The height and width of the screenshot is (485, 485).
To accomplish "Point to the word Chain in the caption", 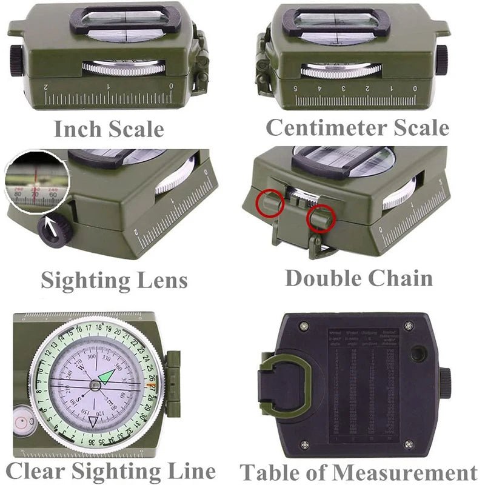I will coord(402,278).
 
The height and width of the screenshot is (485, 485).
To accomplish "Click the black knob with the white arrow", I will coord(55,230).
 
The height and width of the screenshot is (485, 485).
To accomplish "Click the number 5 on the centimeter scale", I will coord(296,88).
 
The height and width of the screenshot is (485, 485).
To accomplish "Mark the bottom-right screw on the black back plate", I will coord(409,444).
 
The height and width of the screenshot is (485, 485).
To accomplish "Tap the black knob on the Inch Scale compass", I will coord(16,61).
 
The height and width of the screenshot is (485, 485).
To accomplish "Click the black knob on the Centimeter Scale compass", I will coord(442,60).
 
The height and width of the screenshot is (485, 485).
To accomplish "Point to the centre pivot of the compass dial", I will coord(95,384).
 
